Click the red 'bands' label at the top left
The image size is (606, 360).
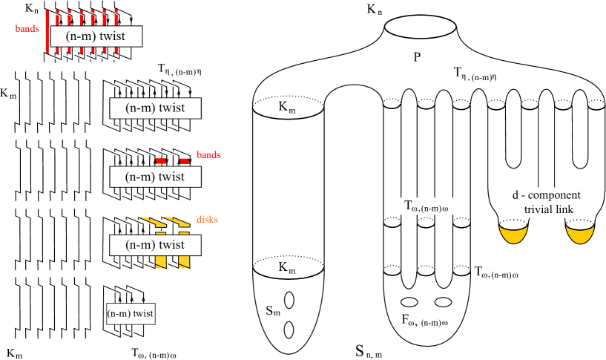coord(27,29)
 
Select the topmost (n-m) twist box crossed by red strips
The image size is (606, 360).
coord(96,36)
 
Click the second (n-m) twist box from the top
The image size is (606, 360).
coord(155,108)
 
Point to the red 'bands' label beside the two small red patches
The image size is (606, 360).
coord(208,155)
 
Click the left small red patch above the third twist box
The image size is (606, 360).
coord(159,161)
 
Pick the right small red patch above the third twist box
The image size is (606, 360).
coord(184,161)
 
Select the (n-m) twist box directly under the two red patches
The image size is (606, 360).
coord(155,177)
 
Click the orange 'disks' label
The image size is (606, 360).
coord(207,220)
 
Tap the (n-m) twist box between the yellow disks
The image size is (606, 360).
coord(155,245)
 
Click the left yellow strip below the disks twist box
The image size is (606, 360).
coord(160,262)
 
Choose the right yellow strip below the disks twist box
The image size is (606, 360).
coord(184,262)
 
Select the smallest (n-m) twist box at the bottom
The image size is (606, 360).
coord(131,314)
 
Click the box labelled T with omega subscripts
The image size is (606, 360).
coord(426,206)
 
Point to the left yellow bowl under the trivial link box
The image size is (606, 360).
coord(513,235)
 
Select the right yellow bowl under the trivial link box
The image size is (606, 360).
coord(580,235)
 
